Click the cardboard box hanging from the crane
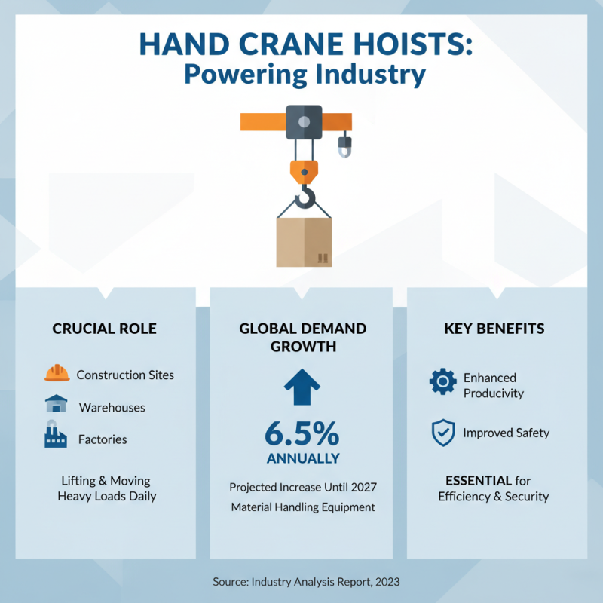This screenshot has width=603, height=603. pos(304,242)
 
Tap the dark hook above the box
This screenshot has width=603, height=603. pos(304,197)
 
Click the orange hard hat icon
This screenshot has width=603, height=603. pos(57,374)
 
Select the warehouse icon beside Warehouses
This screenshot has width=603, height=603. pos(57,405)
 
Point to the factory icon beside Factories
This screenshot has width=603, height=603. pos(56,437)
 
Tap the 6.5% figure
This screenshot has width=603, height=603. pos(301,435)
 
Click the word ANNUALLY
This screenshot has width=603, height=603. pos(301,458)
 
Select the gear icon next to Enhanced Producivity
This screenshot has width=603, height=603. pos(442,382)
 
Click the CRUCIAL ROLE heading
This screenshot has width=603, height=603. pos(105,329)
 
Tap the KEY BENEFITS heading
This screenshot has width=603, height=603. pos(494,329)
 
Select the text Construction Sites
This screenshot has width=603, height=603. pos(125,375)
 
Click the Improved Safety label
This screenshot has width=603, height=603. pos(506,433)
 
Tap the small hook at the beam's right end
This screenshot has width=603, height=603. pos(344,146)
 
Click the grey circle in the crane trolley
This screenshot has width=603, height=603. pos(304,121)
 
